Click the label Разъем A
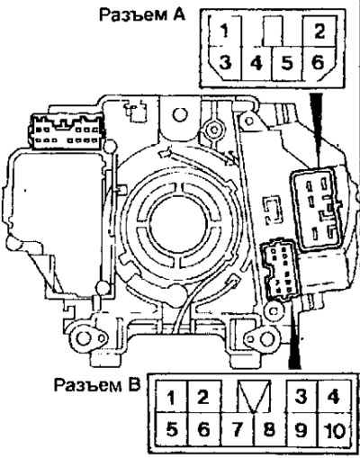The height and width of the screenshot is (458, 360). [x=142, y=15]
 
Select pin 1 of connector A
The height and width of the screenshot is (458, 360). [x=225, y=31]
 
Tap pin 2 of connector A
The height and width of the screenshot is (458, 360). [x=319, y=31]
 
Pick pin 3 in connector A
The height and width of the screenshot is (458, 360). [x=225, y=63]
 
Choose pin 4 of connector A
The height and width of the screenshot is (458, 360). [x=256, y=63]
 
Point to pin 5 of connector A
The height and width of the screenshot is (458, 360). [x=287, y=63]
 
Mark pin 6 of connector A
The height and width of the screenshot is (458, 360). [x=319, y=63]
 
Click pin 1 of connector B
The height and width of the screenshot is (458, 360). [x=171, y=398]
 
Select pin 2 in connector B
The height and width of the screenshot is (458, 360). [x=203, y=397]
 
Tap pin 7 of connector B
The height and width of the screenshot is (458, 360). [x=237, y=429]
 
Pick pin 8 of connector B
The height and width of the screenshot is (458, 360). [x=269, y=429]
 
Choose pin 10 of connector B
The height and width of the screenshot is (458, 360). [x=335, y=429]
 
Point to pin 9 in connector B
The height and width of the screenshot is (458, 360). [x=301, y=429]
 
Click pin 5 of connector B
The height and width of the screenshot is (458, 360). [x=172, y=429]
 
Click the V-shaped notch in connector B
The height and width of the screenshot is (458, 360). [x=254, y=397]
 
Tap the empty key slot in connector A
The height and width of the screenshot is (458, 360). [x=273, y=31]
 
